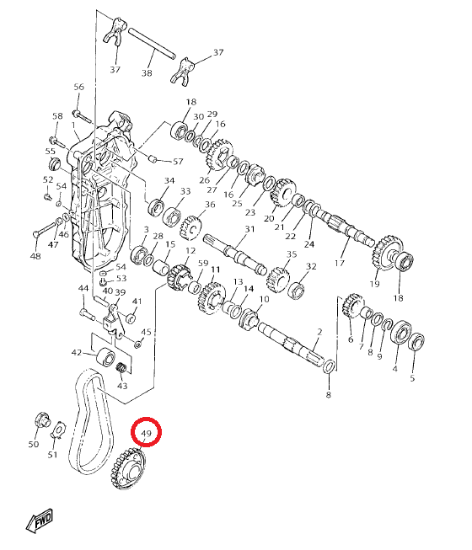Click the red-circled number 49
(x=146, y=434)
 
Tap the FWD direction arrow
(x=40, y=520)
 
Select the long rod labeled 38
(x=152, y=43)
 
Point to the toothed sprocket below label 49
(x=128, y=468)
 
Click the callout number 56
(x=79, y=87)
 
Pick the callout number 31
(x=249, y=229)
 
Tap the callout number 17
(x=340, y=263)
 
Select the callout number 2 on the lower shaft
(x=319, y=332)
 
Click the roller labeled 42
(x=105, y=356)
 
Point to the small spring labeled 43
(x=121, y=368)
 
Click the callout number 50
(x=34, y=444)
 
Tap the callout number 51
(x=52, y=455)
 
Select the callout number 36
(x=210, y=205)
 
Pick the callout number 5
(x=412, y=378)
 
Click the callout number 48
(x=35, y=256)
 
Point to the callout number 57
(x=178, y=162)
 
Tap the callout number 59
(x=203, y=263)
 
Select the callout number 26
(x=204, y=180)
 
